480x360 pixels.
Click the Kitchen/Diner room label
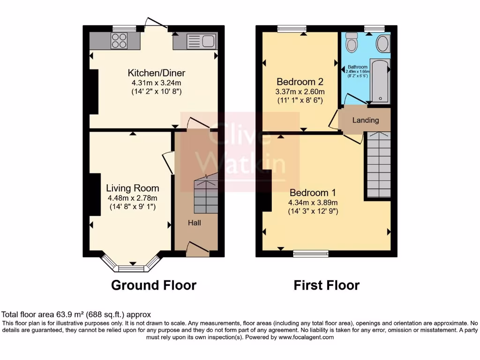click(x=157, y=73)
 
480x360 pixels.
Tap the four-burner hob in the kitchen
click(x=119, y=41)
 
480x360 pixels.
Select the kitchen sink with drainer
click(x=200, y=42)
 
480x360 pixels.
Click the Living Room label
click(x=132, y=188)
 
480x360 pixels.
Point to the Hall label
click(x=195, y=223)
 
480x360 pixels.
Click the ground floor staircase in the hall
click(x=206, y=195)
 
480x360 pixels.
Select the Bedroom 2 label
click(x=300, y=82)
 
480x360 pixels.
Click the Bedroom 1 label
click(x=313, y=193)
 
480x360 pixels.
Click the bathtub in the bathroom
click(x=380, y=80)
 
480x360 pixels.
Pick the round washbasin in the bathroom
click(x=382, y=44)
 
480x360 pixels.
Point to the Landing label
click(x=366, y=120)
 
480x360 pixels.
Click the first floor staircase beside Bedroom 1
click(x=378, y=165)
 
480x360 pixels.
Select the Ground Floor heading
click(x=153, y=285)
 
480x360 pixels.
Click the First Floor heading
click(x=326, y=285)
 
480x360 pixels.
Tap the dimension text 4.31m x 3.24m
click(x=157, y=82)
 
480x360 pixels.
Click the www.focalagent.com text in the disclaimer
click(x=306, y=337)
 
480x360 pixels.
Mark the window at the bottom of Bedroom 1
click(x=311, y=254)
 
